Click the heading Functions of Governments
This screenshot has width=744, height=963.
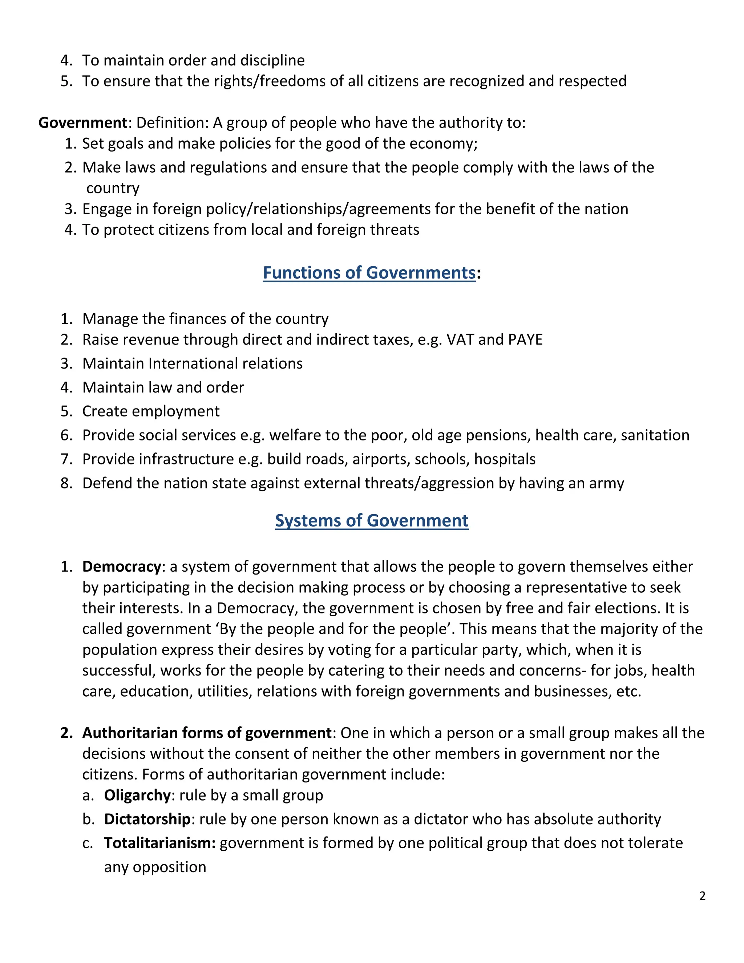(369, 273)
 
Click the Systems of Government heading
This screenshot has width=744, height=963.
(372, 521)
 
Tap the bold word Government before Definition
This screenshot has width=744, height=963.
(82, 122)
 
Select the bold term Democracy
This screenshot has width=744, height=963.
(122, 567)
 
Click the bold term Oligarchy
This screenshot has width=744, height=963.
(137, 795)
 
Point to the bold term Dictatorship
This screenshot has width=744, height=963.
(147, 819)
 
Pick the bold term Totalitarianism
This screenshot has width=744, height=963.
(159, 843)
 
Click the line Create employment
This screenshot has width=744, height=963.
(151, 411)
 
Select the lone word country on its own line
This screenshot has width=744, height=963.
(113, 188)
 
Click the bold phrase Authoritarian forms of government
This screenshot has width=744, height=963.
(206, 733)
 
